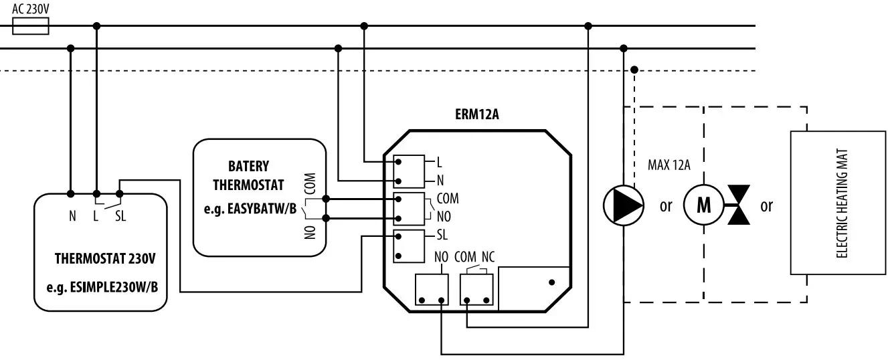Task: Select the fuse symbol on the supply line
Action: tap(31, 26)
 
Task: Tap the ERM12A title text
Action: tap(476, 114)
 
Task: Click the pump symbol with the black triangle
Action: tap(623, 205)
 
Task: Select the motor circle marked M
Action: tap(703, 205)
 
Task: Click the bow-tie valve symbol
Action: tap(739, 205)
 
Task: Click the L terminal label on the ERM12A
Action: tap(439, 162)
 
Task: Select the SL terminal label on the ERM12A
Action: tap(442, 235)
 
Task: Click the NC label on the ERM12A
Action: tap(488, 257)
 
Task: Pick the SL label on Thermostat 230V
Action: tap(120, 216)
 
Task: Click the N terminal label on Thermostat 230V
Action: tap(71, 216)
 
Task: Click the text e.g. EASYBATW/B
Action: tap(250, 209)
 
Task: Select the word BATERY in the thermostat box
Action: tap(248, 166)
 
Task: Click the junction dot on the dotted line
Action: tap(634, 69)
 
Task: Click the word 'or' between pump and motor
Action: tap(665, 206)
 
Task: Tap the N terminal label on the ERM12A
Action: tap(440, 181)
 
